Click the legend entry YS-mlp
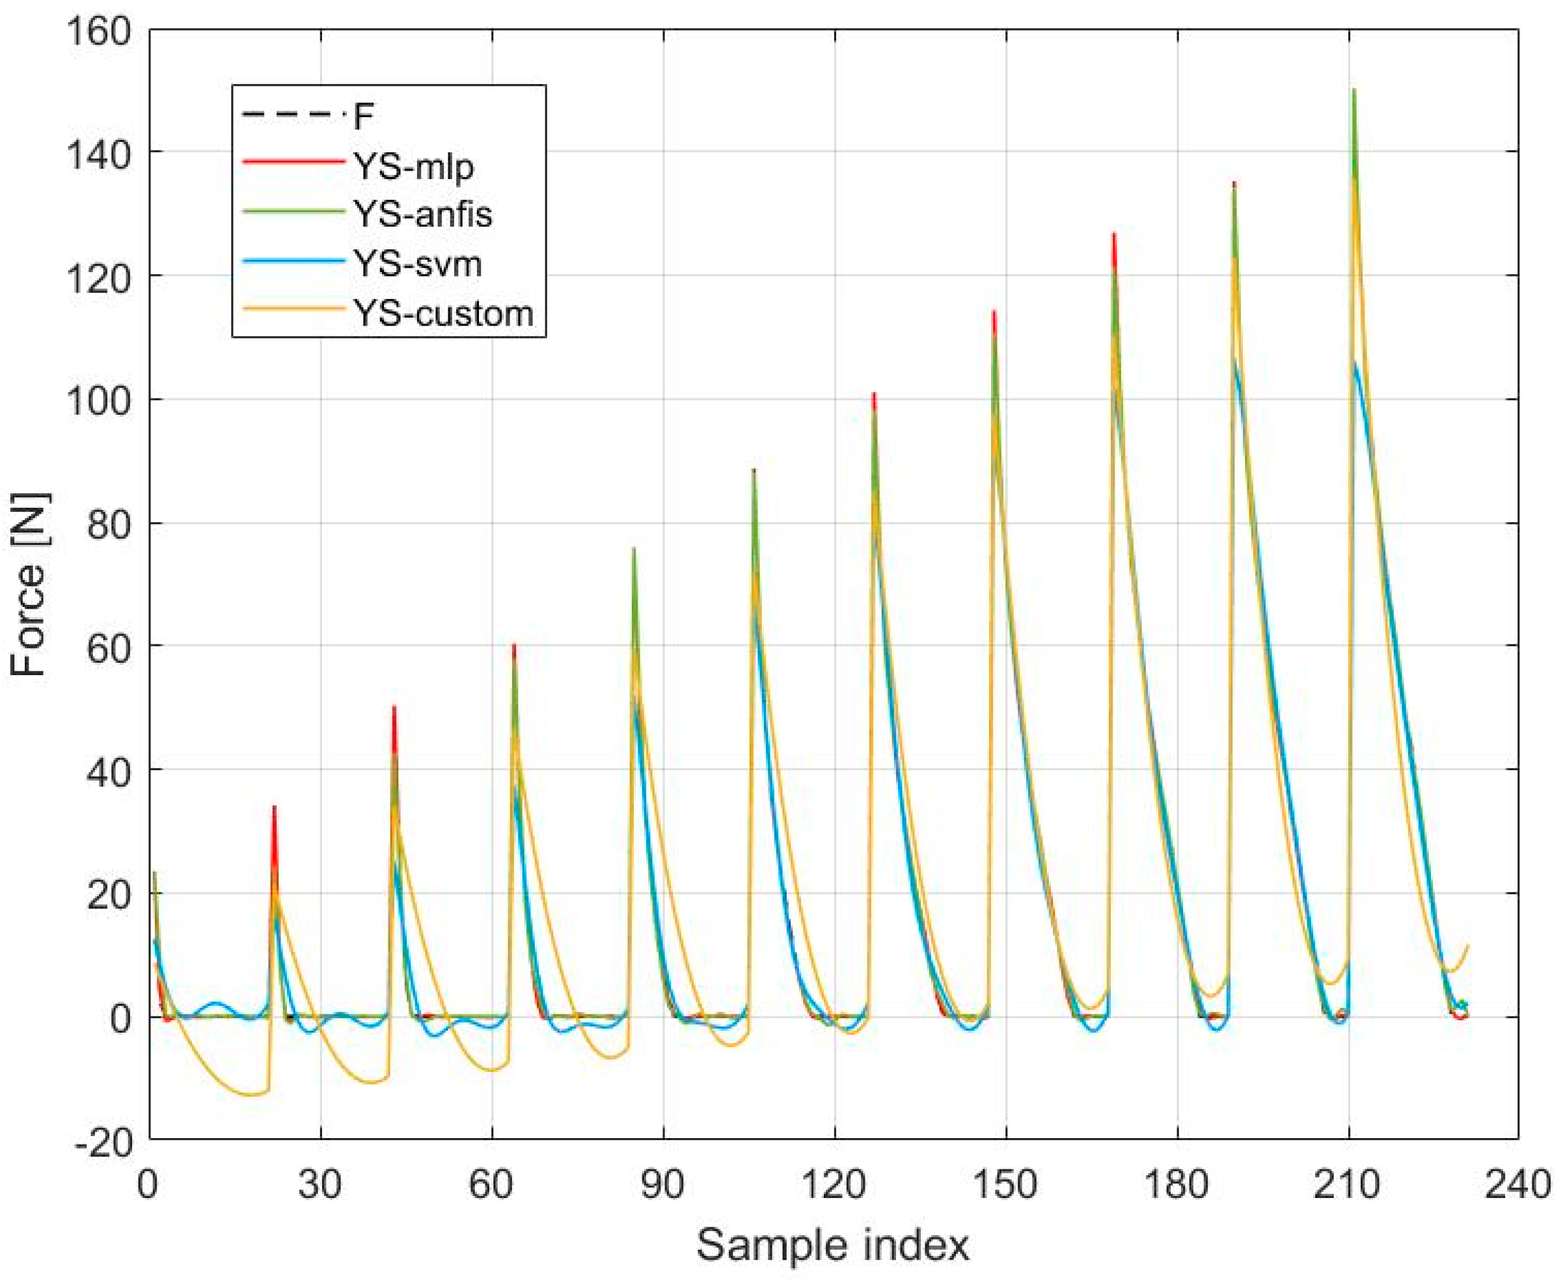click(413, 168)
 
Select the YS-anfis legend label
click(423, 215)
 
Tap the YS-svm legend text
click(418, 264)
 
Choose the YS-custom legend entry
click(444, 313)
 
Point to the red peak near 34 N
click(274, 807)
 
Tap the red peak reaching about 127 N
click(1114, 234)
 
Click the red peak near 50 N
click(394, 707)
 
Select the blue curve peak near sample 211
click(1355, 361)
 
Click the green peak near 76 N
click(634, 549)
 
